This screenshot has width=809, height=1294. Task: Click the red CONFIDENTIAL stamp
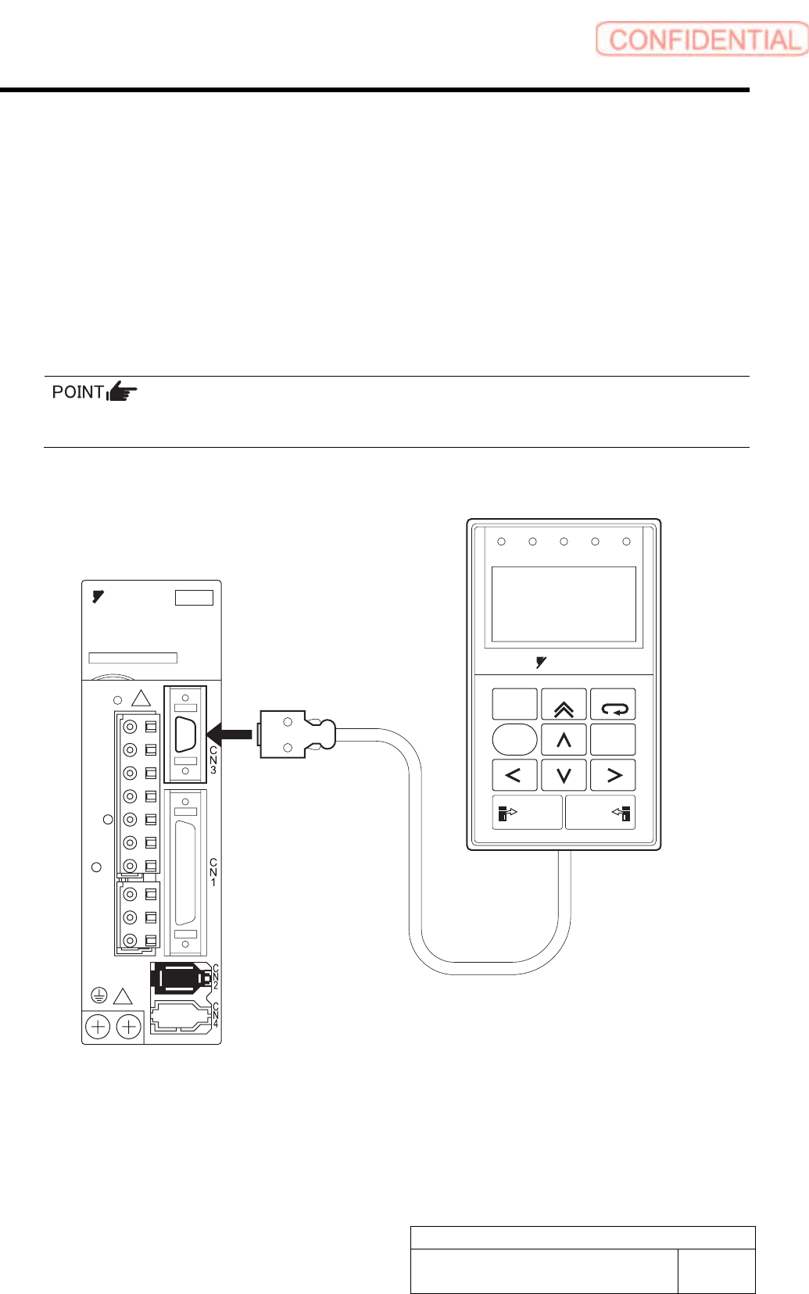click(x=701, y=39)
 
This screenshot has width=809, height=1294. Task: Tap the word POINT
click(x=77, y=391)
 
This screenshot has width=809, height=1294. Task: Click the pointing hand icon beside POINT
click(x=122, y=391)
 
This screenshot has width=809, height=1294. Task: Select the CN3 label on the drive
click(x=213, y=760)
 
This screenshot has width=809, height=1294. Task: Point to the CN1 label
click(x=213, y=872)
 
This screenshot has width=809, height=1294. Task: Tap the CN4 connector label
click(x=216, y=1014)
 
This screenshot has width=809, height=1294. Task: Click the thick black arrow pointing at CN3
click(x=229, y=734)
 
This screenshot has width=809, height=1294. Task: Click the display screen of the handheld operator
click(x=563, y=604)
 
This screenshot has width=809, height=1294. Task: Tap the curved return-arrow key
click(x=613, y=705)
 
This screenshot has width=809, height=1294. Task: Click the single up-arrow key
click(x=564, y=739)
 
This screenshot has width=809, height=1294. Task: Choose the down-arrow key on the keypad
click(x=564, y=775)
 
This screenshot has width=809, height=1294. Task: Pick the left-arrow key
click(x=514, y=775)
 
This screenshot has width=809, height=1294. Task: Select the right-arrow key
click(x=613, y=775)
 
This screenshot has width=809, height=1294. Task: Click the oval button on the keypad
click(x=514, y=739)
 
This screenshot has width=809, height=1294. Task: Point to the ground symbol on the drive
click(x=98, y=996)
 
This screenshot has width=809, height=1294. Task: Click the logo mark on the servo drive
click(x=98, y=597)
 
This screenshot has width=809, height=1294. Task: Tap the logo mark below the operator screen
click(x=541, y=663)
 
